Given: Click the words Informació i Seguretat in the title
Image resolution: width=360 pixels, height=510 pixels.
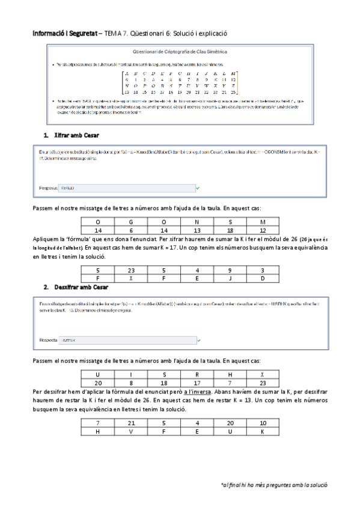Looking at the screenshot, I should click(x=65, y=34).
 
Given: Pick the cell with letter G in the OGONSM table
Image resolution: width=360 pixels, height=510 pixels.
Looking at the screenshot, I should click(x=130, y=222).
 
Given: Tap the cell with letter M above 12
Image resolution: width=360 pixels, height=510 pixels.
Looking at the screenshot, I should click(x=262, y=222).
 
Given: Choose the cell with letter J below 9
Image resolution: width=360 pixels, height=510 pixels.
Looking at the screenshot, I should click(x=229, y=279).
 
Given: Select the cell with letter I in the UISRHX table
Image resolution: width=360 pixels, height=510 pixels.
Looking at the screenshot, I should click(x=130, y=374).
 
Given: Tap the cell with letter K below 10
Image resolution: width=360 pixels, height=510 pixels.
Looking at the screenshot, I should click(x=262, y=431).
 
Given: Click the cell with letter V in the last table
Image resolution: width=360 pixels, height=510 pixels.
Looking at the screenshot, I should click(x=130, y=431).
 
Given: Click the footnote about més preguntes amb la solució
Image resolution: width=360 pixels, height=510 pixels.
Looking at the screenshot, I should click(x=274, y=484).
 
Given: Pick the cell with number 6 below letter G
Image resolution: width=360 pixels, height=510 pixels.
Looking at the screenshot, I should click(x=130, y=230).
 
